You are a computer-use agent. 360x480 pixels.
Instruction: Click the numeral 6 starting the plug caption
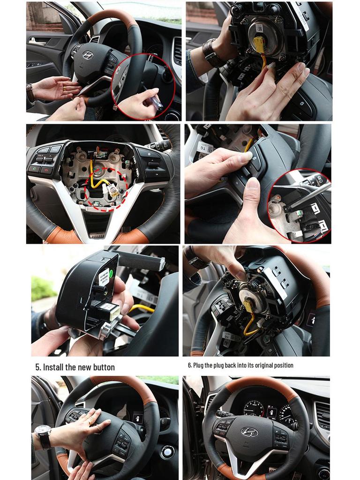(x=189, y=365)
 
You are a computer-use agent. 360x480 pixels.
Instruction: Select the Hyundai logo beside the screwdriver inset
(x=88, y=55)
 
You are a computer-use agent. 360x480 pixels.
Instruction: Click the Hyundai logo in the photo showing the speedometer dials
(x=249, y=432)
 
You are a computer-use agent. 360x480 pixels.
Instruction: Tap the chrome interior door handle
(x=37, y=42)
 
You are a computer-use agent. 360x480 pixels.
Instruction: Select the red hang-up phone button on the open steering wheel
(x=46, y=170)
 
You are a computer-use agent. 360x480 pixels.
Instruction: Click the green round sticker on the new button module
(x=104, y=274)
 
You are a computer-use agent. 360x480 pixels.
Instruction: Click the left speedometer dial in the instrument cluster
(x=254, y=408)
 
